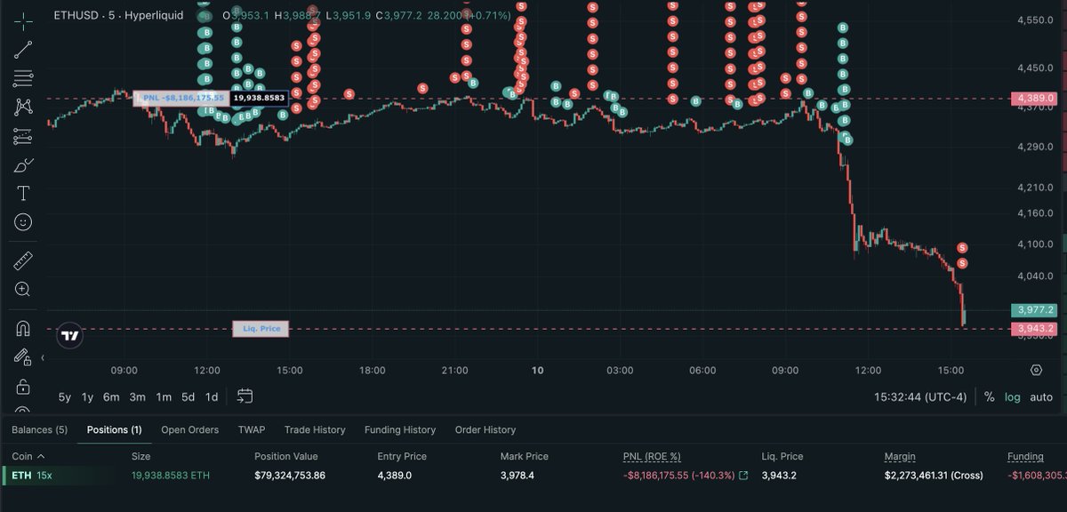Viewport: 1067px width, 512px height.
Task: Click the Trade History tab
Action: coord(315,430)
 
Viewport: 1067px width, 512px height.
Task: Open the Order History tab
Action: coord(485,430)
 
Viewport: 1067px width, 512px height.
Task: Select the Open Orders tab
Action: coord(189,430)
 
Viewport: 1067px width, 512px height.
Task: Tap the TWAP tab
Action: coord(252,430)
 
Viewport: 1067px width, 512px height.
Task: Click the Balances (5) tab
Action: coord(39,430)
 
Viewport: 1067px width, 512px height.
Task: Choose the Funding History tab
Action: coord(400,430)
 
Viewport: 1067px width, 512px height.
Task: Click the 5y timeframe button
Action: coord(65,397)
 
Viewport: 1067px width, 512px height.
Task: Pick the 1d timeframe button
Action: coord(212,397)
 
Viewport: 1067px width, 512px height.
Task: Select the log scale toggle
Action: coord(1013,397)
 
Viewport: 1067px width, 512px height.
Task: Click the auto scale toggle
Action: coord(1041,397)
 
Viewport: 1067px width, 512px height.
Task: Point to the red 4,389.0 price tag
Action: coord(1033,99)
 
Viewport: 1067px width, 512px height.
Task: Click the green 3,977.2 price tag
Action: coord(1033,310)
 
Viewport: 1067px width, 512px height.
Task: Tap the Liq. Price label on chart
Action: coord(261,329)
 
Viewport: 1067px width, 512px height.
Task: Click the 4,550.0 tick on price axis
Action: coord(1035,20)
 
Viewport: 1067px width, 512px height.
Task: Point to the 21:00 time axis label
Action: coord(454,370)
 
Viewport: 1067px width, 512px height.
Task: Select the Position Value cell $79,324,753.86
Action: coord(290,476)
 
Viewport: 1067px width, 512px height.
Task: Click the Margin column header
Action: coord(900,457)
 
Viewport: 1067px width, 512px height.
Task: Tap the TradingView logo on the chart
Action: coord(70,335)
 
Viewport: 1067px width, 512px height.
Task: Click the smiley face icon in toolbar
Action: coord(23,222)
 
